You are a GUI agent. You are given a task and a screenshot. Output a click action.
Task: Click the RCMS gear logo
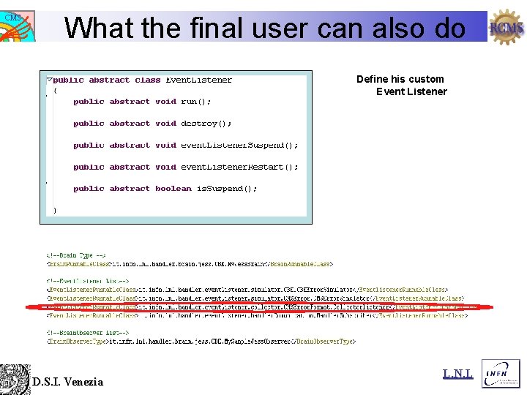pyautogui.click(x=507, y=28)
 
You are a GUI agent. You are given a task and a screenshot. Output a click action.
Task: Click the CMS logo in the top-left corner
pyautogui.click(x=17, y=26)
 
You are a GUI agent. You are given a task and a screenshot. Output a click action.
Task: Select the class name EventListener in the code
pyautogui.click(x=198, y=80)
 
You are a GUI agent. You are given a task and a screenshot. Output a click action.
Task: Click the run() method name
pyautogui.click(x=195, y=102)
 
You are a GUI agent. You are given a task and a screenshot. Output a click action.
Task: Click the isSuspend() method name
pyautogui.click(x=227, y=189)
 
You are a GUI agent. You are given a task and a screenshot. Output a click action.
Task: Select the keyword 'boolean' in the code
pyautogui.click(x=173, y=189)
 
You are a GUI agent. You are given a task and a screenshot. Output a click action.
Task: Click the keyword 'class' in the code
pyautogui.click(x=147, y=80)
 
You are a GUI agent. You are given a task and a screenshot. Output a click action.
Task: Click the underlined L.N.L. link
pyautogui.click(x=457, y=375)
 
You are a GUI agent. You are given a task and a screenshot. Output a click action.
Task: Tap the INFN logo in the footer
pyautogui.click(x=501, y=373)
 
